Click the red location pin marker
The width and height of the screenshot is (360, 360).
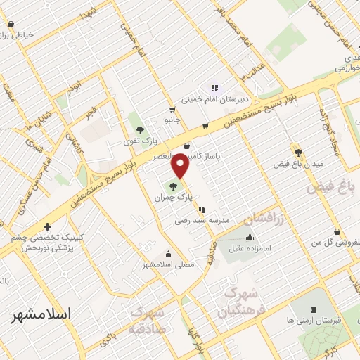[x=181, y=167]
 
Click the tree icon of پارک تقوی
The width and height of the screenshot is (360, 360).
[x=139, y=130]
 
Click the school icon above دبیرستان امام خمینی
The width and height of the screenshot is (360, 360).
[x=214, y=88]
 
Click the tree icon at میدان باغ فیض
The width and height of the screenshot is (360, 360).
[x=298, y=152]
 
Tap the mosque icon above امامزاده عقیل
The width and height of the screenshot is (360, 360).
[x=249, y=238]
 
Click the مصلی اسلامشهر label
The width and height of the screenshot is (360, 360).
[x=167, y=264]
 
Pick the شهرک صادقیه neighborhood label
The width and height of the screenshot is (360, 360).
[x=147, y=319]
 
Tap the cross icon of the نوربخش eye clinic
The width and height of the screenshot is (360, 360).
[x=47, y=226]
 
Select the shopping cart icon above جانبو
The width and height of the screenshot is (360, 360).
[x=172, y=110]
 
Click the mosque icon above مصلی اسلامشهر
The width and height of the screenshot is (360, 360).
[x=167, y=255]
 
